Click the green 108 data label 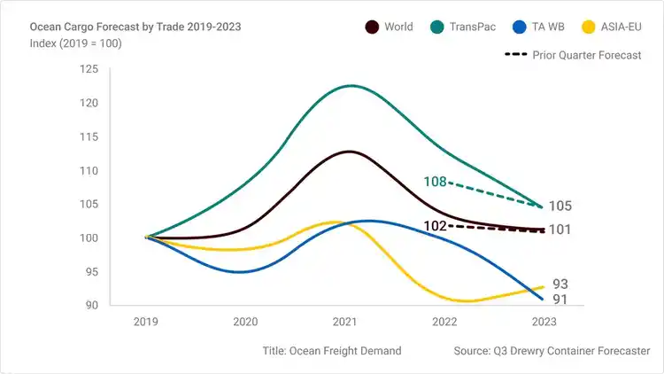pyautogui.click(x=435, y=183)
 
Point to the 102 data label pyautogui.click(x=435, y=226)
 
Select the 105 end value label pyautogui.click(x=560, y=206)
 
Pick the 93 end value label pyautogui.click(x=560, y=284)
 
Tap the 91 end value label pyautogui.click(x=560, y=300)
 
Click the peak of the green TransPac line pyautogui.click(x=351, y=86)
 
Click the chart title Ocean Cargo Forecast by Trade pyautogui.click(x=135, y=27)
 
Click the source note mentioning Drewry pyautogui.click(x=552, y=351)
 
